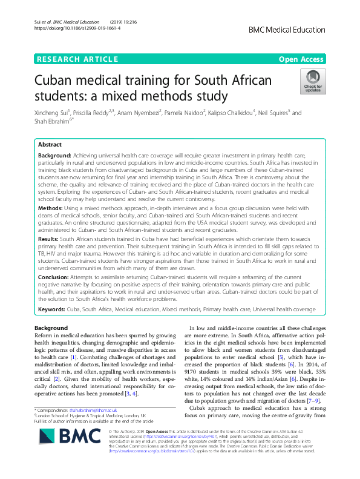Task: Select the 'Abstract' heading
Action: (x=49, y=146)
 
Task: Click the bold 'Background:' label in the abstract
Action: (x=54, y=156)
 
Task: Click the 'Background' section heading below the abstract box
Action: (x=51, y=328)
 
